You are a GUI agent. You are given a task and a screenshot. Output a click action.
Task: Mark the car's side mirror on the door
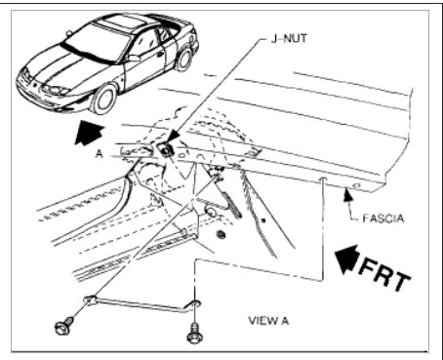(133, 59)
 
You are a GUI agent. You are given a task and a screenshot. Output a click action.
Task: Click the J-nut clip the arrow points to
(167, 148)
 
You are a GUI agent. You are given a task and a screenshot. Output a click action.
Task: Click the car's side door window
(146, 44)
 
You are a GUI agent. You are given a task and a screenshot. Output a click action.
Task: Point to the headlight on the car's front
(60, 91)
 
